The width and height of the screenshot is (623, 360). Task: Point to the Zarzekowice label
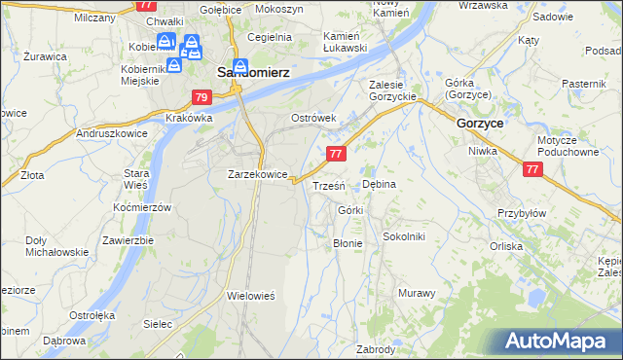coord(257,174)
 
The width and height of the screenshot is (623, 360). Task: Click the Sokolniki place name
coord(403,235)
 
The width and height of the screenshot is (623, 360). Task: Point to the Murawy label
coord(416,292)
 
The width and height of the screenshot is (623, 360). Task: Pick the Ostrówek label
coord(313,118)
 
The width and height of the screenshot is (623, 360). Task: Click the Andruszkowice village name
coord(112,132)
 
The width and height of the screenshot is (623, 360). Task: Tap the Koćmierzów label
coord(142,207)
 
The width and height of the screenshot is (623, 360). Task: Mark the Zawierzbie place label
coord(128,240)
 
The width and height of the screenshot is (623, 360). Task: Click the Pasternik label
coord(584,85)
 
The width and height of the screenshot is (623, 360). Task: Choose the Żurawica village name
coord(45,56)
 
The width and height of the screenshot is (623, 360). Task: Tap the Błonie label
coord(348,243)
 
